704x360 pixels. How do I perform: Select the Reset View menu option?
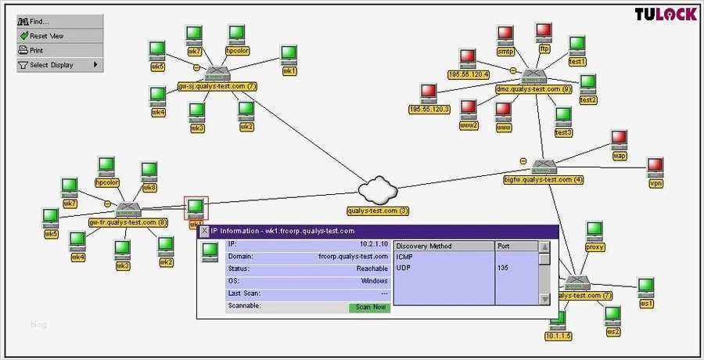tap(47, 36)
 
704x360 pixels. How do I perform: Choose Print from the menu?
tap(37, 51)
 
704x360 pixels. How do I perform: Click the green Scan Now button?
tap(369, 307)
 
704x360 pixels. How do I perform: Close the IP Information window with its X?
tap(205, 231)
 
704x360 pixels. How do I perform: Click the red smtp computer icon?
tap(505, 34)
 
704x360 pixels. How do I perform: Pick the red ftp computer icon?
tap(544, 31)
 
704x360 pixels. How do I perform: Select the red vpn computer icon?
tap(656, 166)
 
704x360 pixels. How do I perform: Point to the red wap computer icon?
tap(620, 139)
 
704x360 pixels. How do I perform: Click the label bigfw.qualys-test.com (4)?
tap(544, 180)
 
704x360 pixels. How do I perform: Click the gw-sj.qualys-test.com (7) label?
tap(217, 86)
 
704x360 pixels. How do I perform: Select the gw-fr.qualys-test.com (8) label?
tap(128, 222)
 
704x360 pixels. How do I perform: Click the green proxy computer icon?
tap(595, 230)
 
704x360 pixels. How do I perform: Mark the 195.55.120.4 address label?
tap(469, 74)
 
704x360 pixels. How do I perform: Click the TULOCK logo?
tap(665, 14)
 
